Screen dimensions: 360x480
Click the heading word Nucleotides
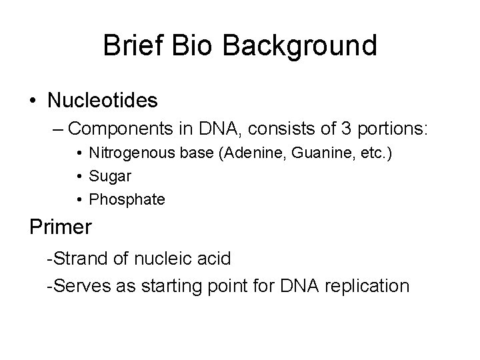pos(102,101)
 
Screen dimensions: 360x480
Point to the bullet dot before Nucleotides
pos(33,101)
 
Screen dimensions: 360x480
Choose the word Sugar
pos(110,177)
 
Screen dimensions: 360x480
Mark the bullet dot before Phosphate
pos(79,200)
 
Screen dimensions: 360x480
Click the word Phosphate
pos(127,199)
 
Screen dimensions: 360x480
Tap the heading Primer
pos(61,227)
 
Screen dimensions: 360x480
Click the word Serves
pos(77,286)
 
